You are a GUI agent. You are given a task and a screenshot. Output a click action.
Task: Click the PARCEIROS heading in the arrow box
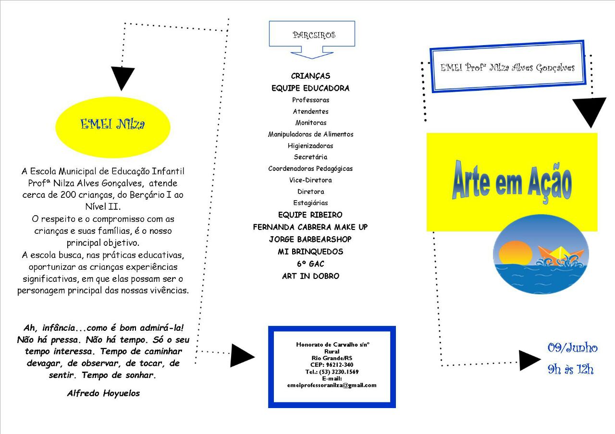(314, 35)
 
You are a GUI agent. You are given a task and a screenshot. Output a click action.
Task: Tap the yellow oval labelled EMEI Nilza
(113, 127)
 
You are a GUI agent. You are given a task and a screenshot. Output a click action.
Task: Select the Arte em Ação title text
(512, 182)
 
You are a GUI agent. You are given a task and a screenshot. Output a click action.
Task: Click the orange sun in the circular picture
(516, 253)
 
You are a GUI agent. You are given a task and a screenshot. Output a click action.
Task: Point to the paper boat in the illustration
(560, 255)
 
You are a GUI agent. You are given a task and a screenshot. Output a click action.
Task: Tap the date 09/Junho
(572, 348)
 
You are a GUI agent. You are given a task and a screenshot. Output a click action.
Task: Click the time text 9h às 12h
(570, 369)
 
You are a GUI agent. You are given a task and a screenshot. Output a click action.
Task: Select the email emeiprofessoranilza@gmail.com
(332, 385)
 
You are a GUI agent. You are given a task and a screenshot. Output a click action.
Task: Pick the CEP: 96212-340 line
(332, 365)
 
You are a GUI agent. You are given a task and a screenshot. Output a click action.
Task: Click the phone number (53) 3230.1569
(339, 372)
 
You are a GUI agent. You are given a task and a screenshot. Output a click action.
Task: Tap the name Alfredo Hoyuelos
(103, 393)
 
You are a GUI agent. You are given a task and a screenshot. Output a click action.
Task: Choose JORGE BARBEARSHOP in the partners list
(310, 240)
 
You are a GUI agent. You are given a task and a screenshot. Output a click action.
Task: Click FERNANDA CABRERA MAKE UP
(310, 227)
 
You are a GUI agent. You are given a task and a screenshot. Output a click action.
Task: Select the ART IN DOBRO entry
(310, 276)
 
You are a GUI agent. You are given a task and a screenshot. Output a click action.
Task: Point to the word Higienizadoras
(310, 145)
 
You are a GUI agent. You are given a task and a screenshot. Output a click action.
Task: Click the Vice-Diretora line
(310, 180)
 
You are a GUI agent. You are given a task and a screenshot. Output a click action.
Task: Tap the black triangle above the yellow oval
(123, 77)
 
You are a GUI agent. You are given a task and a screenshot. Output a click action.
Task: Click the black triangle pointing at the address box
(242, 356)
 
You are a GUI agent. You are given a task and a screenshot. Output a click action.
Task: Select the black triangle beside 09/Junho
(529, 361)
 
